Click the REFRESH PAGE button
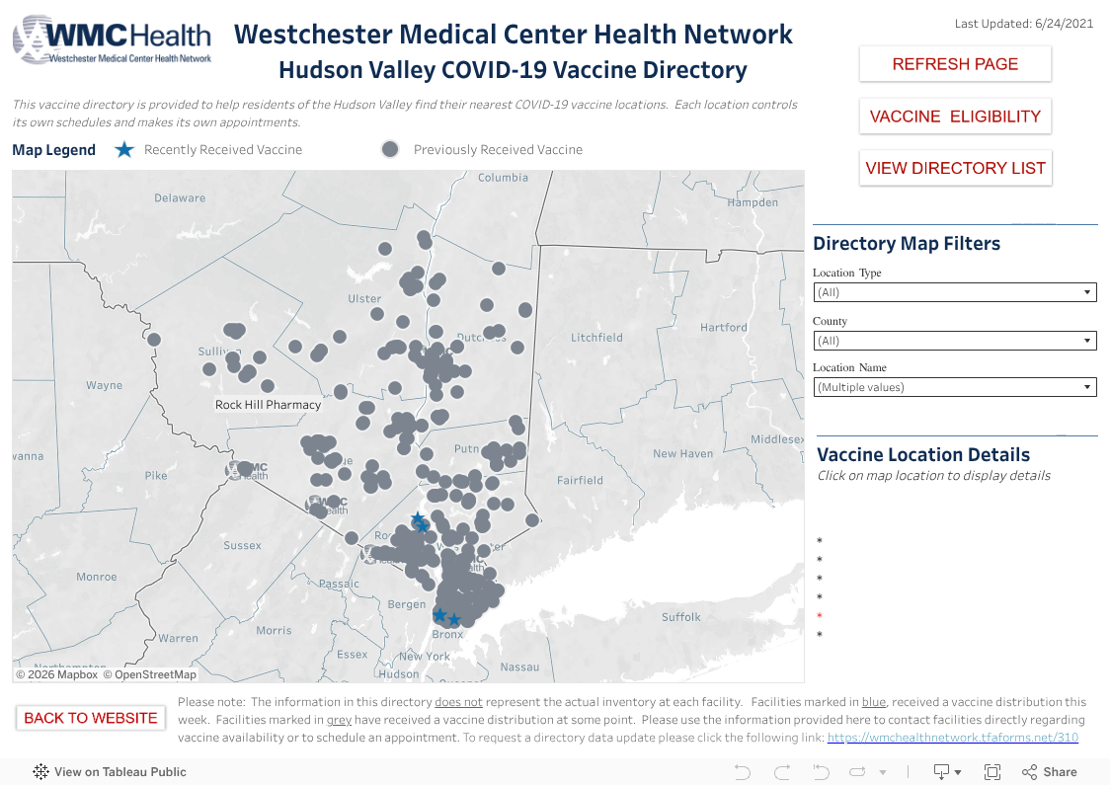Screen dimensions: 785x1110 (x=955, y=64)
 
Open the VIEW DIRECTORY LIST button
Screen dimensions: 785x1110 (x=955, y=168)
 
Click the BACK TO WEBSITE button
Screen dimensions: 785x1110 (x=91, y=718)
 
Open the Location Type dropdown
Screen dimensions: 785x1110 (x=954, y=292)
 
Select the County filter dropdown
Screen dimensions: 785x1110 (x=954, y=341)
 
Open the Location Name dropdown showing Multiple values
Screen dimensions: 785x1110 (x=954, y=387)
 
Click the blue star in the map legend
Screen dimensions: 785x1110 (x=123, y=150)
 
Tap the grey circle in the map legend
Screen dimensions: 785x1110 (x=390, y=149)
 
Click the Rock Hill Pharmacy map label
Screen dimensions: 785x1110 (x=269, y=405)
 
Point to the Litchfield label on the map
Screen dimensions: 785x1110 (x=596, y=338)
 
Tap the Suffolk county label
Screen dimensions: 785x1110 (x=681, y=617)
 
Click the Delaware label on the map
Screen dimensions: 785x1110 (x=180, y=197)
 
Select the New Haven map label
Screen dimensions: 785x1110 (x=682, y=454)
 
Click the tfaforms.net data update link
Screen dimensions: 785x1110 (x=952, y=738)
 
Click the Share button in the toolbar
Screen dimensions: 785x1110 (x=1050, y=772)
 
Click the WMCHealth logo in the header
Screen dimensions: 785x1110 (x=112, y=39)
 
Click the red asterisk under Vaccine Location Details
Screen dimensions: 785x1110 (x=820, y=616)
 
